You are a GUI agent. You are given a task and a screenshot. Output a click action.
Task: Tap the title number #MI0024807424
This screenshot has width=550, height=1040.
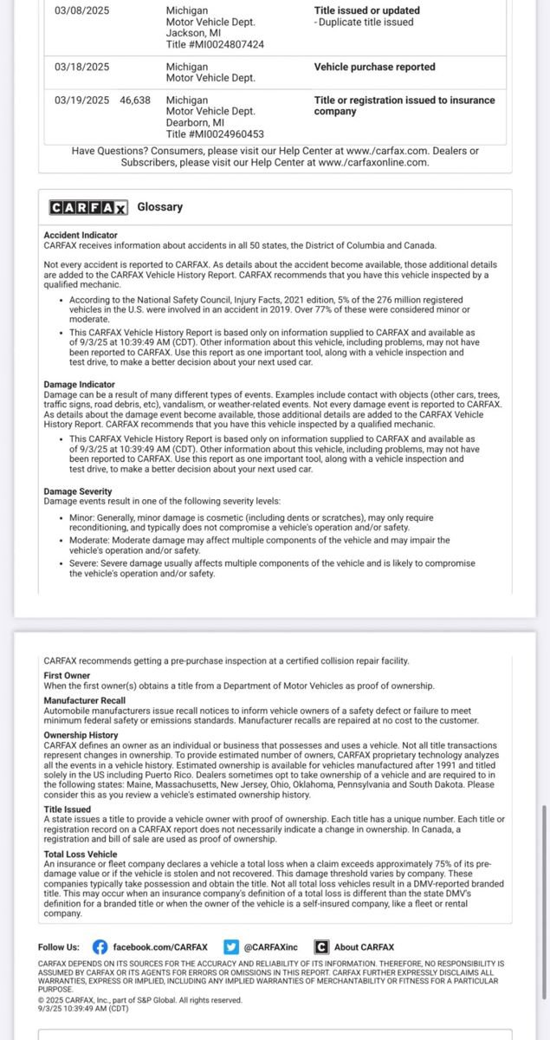click(216, 44)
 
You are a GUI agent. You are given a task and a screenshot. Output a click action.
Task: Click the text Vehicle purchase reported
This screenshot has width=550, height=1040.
click(374, 67)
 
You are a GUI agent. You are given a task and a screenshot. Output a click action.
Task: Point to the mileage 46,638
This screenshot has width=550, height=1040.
click(135, 101)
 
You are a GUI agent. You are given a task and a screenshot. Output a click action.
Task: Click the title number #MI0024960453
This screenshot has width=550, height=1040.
click(216, 133)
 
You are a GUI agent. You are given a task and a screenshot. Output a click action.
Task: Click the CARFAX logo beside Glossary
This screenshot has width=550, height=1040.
click(88, 207)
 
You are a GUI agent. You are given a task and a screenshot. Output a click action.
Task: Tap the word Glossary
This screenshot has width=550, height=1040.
click(160, 207)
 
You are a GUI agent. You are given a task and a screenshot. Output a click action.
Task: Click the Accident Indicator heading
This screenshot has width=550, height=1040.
click(81, 235)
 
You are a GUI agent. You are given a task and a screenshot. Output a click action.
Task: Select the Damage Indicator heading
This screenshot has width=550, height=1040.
click(79, 383)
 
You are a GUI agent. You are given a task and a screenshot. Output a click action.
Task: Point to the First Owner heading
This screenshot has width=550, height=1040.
click(67, 675)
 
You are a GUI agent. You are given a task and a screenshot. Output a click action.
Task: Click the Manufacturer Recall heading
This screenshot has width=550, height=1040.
click(84, 700)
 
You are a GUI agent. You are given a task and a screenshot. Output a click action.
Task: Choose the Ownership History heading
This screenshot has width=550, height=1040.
click(81, 735)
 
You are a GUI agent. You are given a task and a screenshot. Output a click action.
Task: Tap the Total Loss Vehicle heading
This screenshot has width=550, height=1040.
click(80, 854)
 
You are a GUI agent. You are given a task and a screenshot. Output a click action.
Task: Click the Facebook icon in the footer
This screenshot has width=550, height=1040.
click(100, 947)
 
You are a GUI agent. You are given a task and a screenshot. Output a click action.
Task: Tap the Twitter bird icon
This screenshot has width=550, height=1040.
click(230, 947)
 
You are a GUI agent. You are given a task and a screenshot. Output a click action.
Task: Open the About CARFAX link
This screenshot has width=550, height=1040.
click(364, 947)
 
